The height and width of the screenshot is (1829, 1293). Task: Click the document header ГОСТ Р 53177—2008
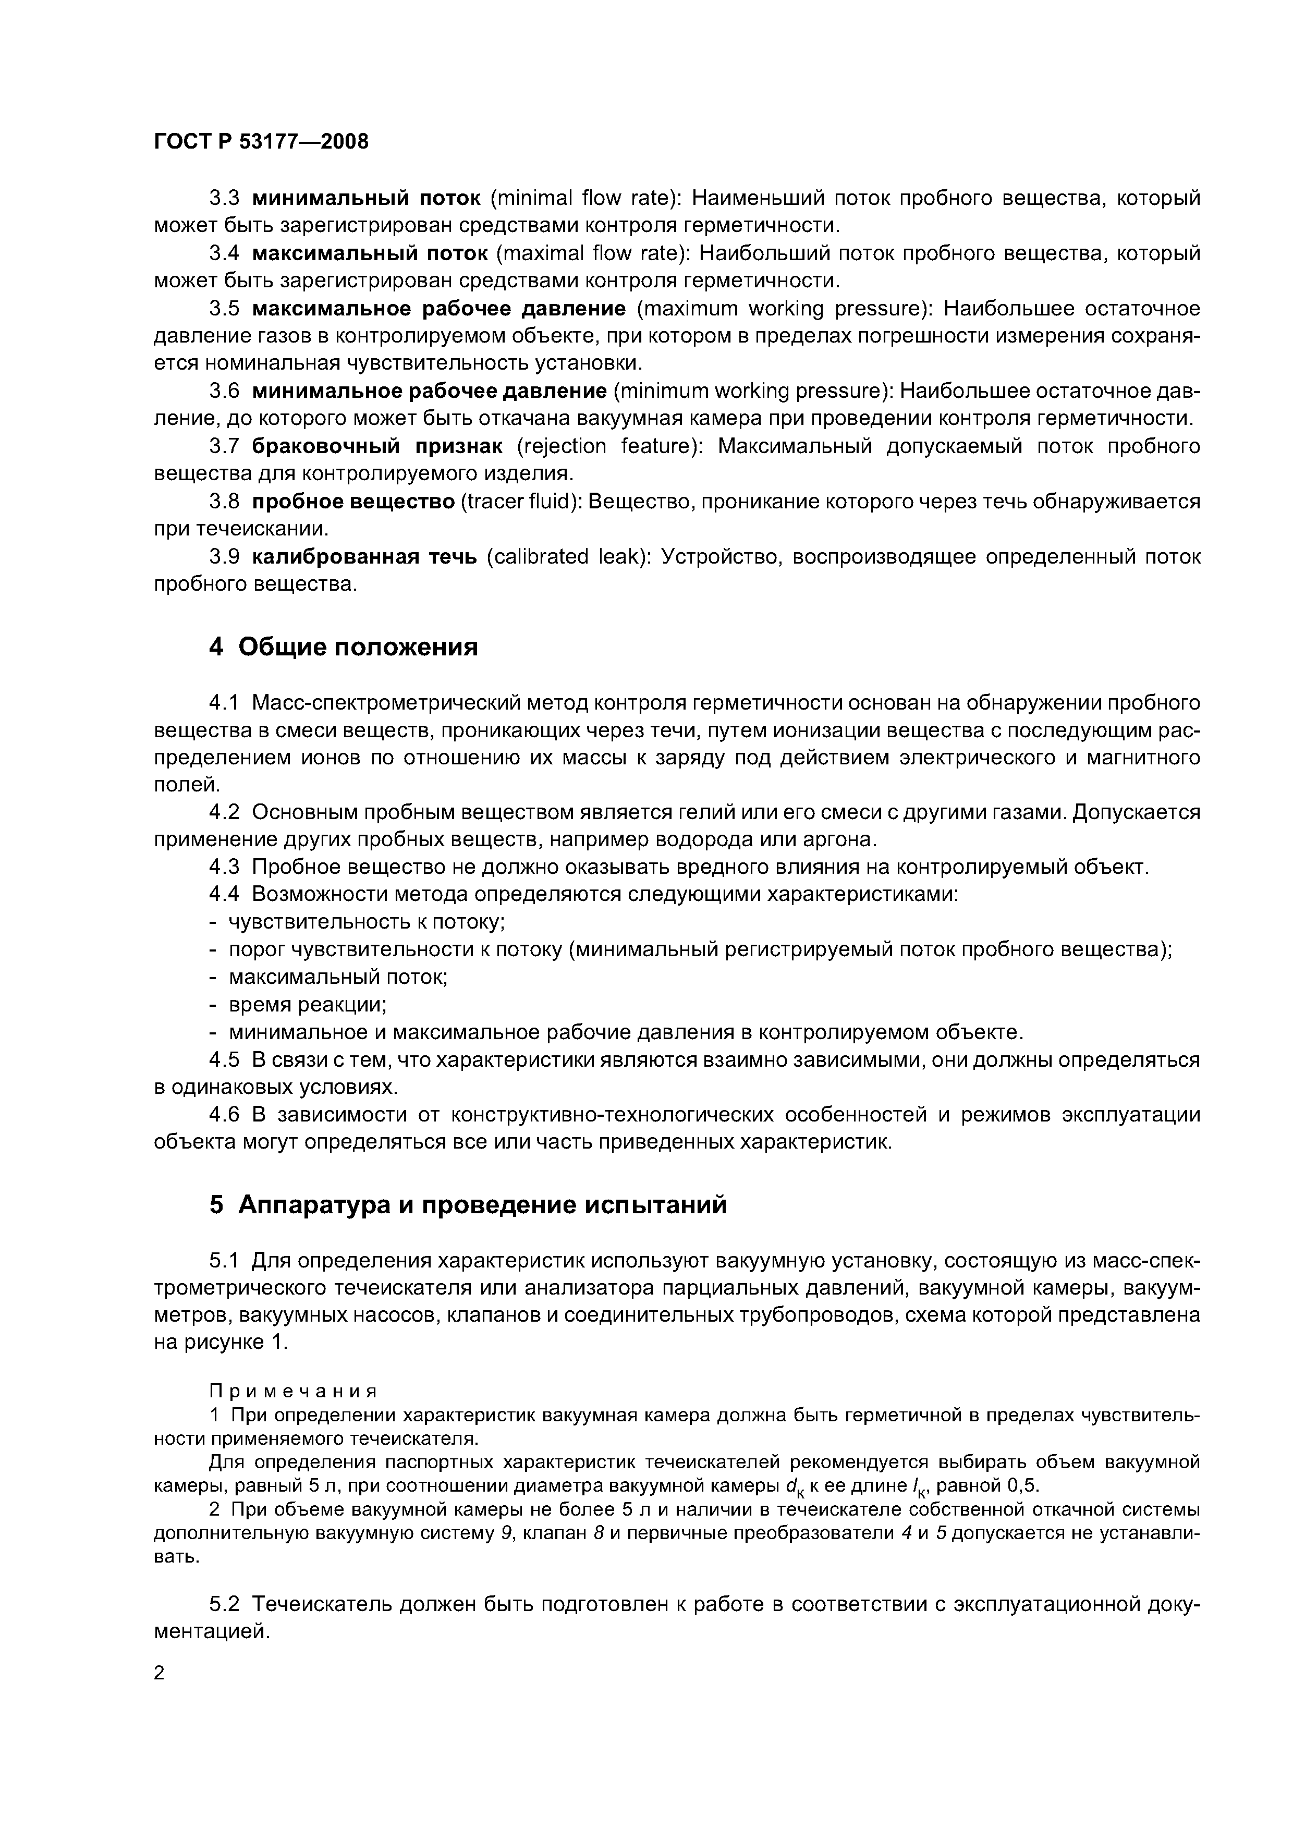[x=261, y=142]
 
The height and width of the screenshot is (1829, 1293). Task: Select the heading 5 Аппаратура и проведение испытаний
[x=468, y=1204]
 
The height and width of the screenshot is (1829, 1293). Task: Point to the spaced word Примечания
[x=291, y=1391]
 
